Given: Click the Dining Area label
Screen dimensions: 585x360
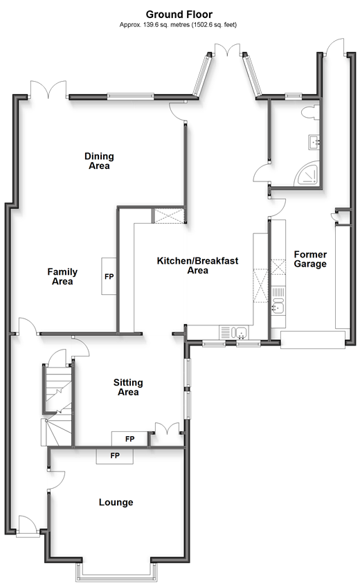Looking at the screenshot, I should (x=98, y=161).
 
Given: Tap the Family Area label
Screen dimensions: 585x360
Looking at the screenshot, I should (x=62, y=276).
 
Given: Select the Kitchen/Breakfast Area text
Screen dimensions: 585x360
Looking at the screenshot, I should (x=197, y=265).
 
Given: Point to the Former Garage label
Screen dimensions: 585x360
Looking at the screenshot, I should (x=309, y=259).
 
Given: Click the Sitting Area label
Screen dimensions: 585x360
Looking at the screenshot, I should (x=128, y=387).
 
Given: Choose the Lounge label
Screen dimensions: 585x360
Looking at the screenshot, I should (x=116, y=502).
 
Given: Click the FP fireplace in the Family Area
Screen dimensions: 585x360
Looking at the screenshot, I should (x=109, y=276).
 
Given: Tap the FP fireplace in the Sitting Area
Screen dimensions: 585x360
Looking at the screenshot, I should (x=129, y=439).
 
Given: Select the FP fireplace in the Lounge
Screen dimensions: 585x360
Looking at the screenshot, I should (x=115, y=456).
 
